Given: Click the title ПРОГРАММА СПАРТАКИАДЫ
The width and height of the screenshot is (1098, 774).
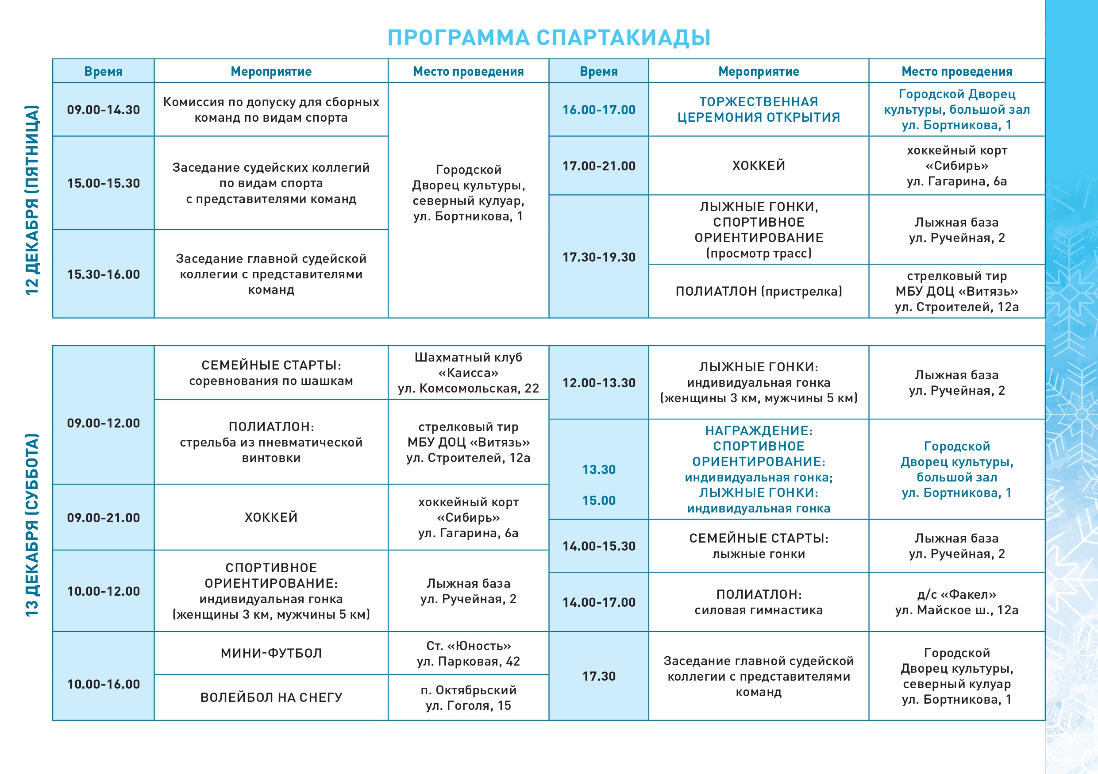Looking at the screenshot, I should pyautogui.click(x=548, y=38).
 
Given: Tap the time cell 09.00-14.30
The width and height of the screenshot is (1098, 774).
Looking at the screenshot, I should pyautogui.click(x=103, y=110).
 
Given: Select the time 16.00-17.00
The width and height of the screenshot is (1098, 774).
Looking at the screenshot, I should pyautogui.click(x=599, y=110).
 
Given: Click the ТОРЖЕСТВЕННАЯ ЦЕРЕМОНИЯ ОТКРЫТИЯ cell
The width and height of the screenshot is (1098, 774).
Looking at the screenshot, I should pyautogui.click(x=759, y=109).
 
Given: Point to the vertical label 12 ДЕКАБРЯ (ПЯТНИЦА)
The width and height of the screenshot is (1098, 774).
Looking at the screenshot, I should pyautogui.click(x=32, y=200).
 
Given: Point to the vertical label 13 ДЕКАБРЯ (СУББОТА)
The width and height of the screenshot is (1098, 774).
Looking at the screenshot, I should pyautogui.click(x=32, y=525).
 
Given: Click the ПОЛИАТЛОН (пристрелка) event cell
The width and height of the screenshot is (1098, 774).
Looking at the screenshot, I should pyautogui.click(x=759, y=291).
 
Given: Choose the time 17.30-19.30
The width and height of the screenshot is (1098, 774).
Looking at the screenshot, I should pyautogui.click(x=599, y=257).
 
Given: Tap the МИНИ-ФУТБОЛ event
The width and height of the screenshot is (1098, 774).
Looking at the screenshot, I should pyautogui.click(x=271, y=653).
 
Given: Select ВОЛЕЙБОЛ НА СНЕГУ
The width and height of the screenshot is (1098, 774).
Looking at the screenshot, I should pyautogui.click(x=271, y=697).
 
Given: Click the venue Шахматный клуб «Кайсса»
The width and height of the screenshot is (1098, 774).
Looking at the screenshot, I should pyautogui.click(x=468, y=365).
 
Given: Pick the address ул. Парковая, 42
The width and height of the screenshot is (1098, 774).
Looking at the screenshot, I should pyautogui.click(x=468, y=662).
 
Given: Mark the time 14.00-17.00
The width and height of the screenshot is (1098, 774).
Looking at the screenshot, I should pyautogui.click(x=599, y=602).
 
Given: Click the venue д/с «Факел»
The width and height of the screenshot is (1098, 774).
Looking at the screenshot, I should pyautogui.click(x=956, y=595).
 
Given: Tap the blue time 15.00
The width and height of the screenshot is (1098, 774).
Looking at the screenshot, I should pyautogui.click(x=599, y=501).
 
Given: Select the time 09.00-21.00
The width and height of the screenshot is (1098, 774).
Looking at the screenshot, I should pyautogui.click(x=103, y=518).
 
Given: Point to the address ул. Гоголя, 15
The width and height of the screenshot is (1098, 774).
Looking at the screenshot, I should pyautogui.click(x=468, y=706).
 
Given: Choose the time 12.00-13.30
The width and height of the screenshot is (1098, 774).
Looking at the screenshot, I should pyautogui.click(x=599, y=383).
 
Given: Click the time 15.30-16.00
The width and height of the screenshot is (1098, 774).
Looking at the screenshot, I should pyautogui.click(x=103, y=274).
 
